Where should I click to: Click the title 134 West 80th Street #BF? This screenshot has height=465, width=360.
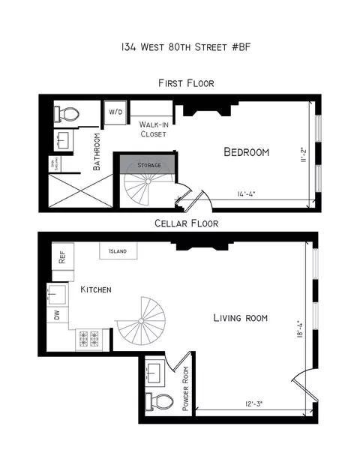point(180,46)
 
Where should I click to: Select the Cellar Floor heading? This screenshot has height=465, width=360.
point(186,223)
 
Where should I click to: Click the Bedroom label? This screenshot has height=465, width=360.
point(246,152)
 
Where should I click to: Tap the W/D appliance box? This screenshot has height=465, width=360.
point(117,112)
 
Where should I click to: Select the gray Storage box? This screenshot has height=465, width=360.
point(148,164)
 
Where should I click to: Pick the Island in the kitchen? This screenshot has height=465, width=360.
point(117,251)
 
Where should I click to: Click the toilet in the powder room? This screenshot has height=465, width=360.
point(157,399)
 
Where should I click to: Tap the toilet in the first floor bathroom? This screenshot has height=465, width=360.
point(69,114)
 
